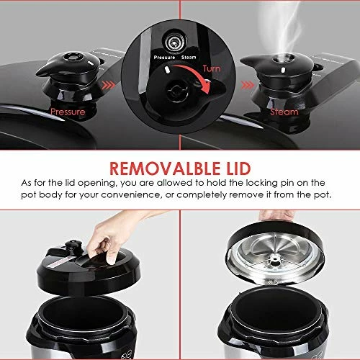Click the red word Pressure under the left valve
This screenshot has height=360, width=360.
click(69, 112)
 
